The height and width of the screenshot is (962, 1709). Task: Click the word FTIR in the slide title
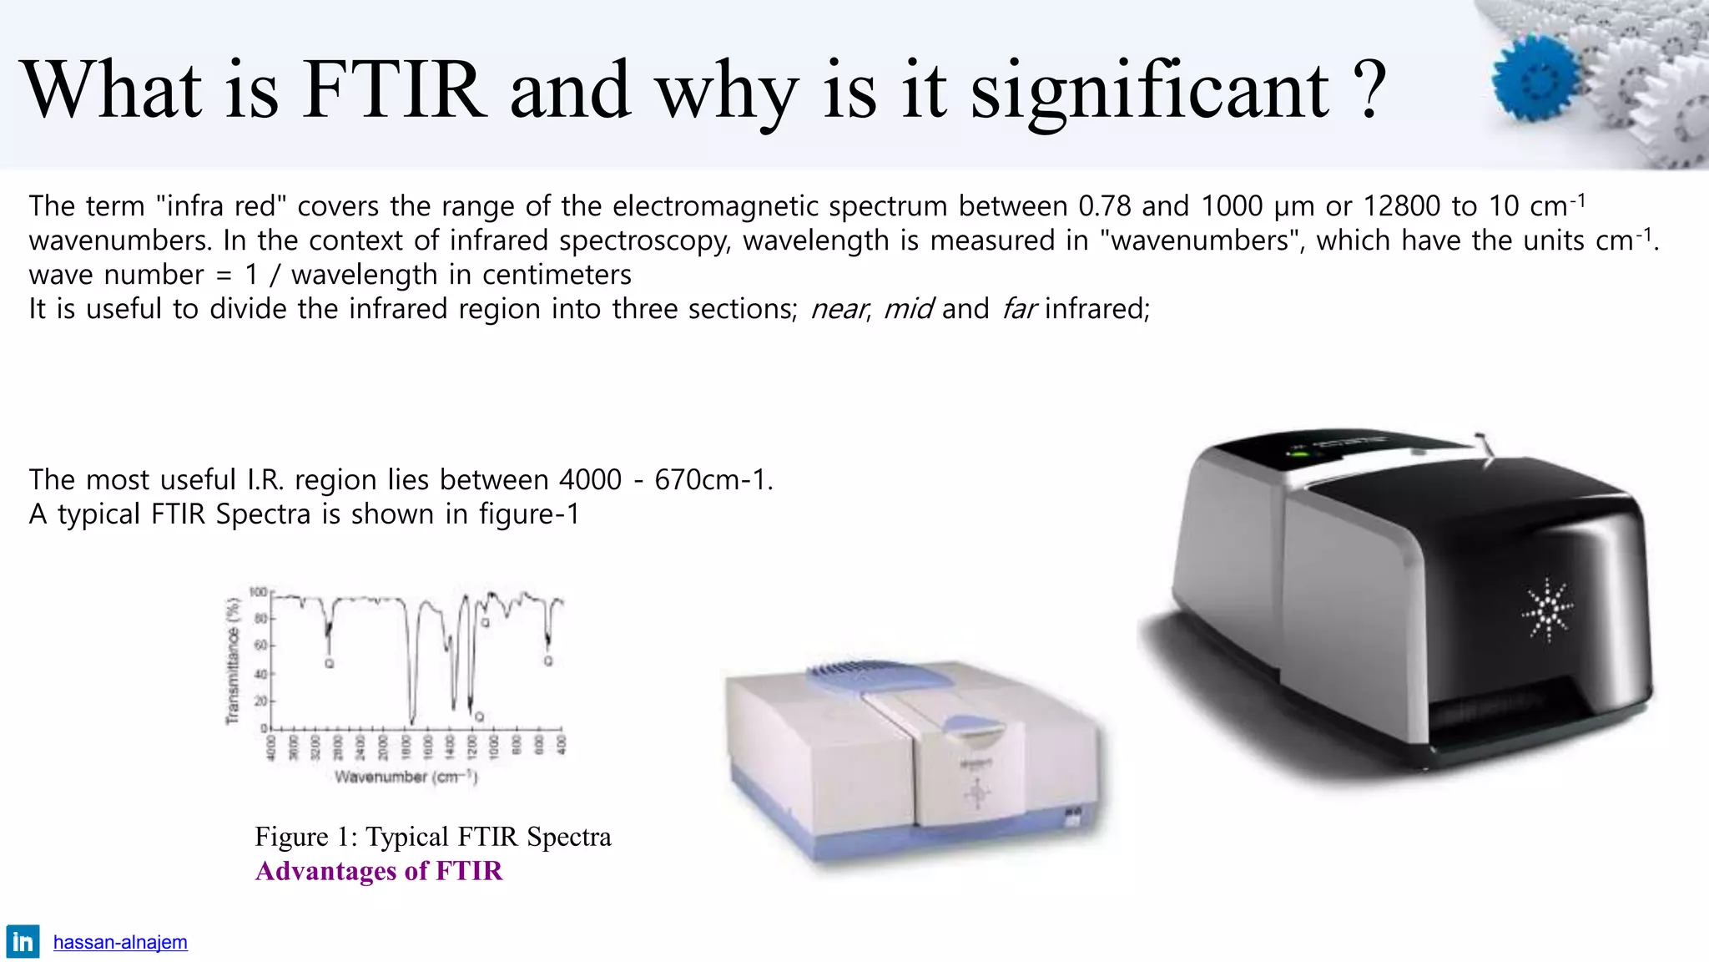[x=394, y=90]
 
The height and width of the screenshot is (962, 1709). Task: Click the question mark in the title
[x=1369, y=90]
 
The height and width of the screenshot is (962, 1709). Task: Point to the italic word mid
[x=908, y=309]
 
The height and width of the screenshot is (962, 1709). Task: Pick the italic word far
[x=1019, y=309]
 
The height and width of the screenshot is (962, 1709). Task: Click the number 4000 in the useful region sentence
[x=590, y=480]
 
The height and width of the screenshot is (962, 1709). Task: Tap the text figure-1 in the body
[x=529, y=514]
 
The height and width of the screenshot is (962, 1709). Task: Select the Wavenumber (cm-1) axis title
[x=406, y=777]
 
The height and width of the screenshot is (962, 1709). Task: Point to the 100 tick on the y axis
[x=259, y=592]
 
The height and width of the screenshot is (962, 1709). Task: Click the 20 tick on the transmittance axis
[x=261, y=701]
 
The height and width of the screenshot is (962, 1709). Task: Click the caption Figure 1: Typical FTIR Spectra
[x=432, y=837]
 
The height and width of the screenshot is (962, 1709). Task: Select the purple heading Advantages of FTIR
[x=379, y=871]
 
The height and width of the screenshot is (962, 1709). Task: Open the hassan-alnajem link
[x=120, y=943]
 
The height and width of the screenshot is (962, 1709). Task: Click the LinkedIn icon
[x=23, y=942]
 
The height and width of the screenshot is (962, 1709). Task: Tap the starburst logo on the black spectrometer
[x=1546, y=610]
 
